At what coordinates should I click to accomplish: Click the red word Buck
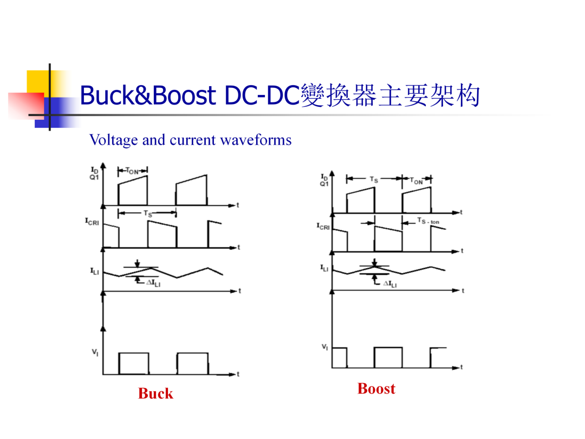tap(155, 393)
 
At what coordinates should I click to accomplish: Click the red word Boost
tap(376, 389)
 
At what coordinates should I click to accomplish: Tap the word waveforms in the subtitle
tap(256, 140)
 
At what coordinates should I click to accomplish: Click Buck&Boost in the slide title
tap(148, 95)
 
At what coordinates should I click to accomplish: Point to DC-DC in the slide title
tap(262, 95)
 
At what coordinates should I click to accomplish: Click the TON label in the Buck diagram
tap(132, 171)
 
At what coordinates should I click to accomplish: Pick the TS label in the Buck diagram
tap(148, 214)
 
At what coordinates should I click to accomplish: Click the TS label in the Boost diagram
tap(374, 179)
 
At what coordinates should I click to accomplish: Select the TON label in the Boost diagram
tap(417, 181)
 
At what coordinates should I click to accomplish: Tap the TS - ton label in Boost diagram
tap(428, 221)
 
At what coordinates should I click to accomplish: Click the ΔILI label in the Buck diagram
tap(153, 283)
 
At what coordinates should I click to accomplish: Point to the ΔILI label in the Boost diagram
tap(390, 284)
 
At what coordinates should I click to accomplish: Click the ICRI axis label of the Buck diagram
tap(92, 222)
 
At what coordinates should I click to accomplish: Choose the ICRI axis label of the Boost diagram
tap(323, 226)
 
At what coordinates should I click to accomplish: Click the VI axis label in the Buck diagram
tap(95, 352)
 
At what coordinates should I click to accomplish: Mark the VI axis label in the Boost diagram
tap(325, 347)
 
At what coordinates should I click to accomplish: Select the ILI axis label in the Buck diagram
tap(94, 271)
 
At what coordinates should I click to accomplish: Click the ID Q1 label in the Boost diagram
tap(324, 180)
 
